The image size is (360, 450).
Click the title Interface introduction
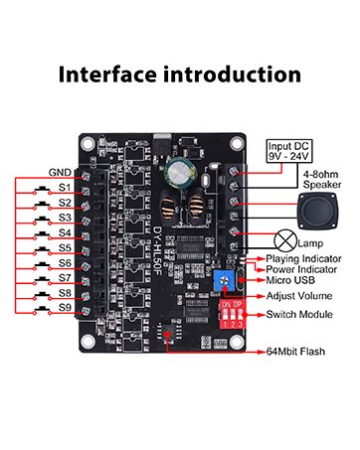tap(180, 75)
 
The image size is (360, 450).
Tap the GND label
tap(61, 171)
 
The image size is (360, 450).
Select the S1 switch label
tap(65, 187)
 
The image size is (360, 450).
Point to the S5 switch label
tap(65, 247)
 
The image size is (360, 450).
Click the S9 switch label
tap(65, 309)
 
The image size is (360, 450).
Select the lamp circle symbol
tap(285, 240)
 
